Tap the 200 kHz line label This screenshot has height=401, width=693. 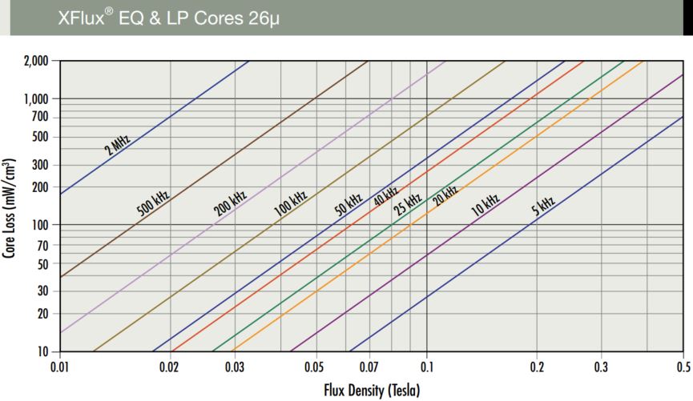(x=230, y=203)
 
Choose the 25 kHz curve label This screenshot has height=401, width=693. (x=408, y=205)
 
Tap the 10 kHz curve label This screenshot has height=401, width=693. (x=485, y=205)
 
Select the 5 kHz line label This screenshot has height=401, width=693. (x=543, y=207)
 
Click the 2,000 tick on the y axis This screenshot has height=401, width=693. (x=36, y=61)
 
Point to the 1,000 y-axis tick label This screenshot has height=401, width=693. (x=36, y=98)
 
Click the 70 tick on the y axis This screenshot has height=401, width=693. (x=43, y=245)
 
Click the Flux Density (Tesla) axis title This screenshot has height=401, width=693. (x=372, y=390)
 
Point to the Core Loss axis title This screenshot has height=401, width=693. (x=10, y=207)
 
